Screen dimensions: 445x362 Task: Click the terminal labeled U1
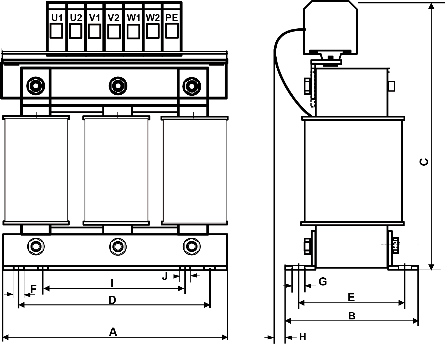coord(57,26)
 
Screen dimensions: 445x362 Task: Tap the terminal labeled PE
coord(172,26)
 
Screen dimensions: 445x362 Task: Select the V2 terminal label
coord(114,18)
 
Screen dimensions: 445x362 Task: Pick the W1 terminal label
coord(133,18)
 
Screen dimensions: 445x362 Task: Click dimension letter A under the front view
coord(113,332)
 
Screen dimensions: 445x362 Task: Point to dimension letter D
coord(112,300)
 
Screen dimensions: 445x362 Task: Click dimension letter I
coord(112,284)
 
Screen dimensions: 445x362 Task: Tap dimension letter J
coord(165,276)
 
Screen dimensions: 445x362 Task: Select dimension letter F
coord(33,289)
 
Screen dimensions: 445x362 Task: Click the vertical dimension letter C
coord(424,162)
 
